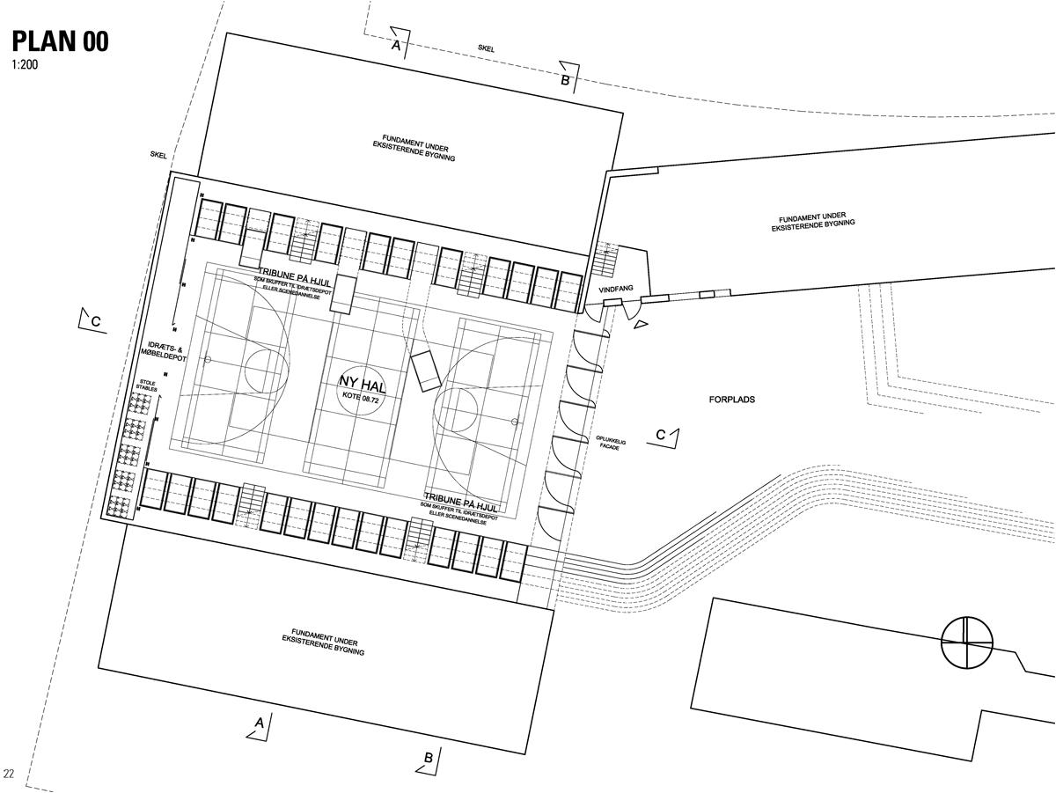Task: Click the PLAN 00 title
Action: coord(60,40)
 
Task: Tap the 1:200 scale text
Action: coord(26,64)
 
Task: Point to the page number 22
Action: coord(9,774)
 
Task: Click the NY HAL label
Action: coord(362,381)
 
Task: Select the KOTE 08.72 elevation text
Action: coord(362,397)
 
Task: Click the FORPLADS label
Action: coord(732,400)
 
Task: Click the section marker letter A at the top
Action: coord(397,44)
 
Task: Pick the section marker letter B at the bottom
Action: coord(429,757)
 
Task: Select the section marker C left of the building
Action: coord(96,322)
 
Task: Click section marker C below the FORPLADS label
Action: coord(661,435)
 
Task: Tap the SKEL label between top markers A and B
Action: coord(486,49)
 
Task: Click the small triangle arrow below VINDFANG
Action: coord(642,325)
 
